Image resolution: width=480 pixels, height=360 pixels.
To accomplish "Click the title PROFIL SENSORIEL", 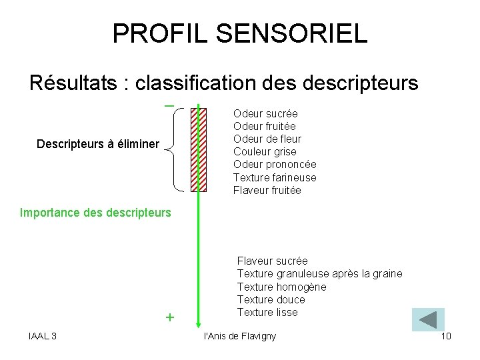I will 239,33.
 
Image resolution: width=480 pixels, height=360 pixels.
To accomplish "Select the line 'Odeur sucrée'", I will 265,113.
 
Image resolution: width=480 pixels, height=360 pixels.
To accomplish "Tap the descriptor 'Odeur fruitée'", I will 264,126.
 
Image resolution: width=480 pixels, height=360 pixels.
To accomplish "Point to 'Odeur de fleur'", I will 267,139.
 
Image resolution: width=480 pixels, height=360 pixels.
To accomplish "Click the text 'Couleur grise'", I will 265,151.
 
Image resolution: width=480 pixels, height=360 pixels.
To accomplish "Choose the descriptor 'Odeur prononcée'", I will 275,164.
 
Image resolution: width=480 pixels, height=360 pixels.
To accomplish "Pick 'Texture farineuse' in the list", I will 275,177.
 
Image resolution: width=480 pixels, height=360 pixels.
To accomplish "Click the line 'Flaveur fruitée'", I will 267,190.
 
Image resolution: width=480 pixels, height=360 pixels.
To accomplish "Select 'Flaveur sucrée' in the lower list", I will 272,261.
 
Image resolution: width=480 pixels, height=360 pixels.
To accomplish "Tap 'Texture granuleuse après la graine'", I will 319,273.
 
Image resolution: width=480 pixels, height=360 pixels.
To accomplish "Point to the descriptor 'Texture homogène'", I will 281,287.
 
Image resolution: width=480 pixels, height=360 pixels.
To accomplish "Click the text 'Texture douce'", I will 271,299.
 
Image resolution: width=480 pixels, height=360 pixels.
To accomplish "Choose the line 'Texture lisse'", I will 267,312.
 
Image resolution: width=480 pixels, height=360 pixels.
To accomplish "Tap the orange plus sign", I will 169,318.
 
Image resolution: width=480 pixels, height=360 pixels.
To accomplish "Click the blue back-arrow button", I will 428,319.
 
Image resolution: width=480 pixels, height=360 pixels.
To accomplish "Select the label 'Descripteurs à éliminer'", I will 98,144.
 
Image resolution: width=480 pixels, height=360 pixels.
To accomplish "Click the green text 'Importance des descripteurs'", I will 95,213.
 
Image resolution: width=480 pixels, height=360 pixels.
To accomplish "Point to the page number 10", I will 446,335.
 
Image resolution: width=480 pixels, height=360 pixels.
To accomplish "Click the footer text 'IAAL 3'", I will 43,335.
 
